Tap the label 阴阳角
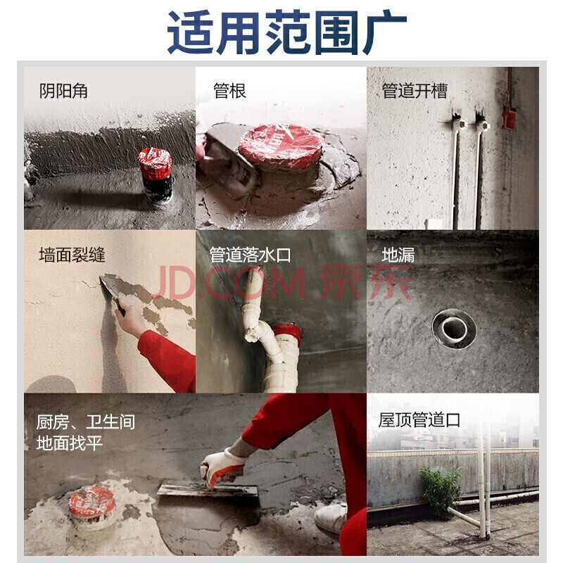pos(63,91)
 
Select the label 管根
pos(230,91)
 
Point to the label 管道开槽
pos(415,91)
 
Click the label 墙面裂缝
pos(72,255)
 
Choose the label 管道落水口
pos(250,255)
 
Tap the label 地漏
pos(398,255)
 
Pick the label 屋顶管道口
pos(419,420)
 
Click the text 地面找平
pos(70,443)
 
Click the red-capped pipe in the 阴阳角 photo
pos(156,174)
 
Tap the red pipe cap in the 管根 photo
pos(281,146)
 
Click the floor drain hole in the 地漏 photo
pos(454,329)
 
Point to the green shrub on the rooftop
pos(441,491)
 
